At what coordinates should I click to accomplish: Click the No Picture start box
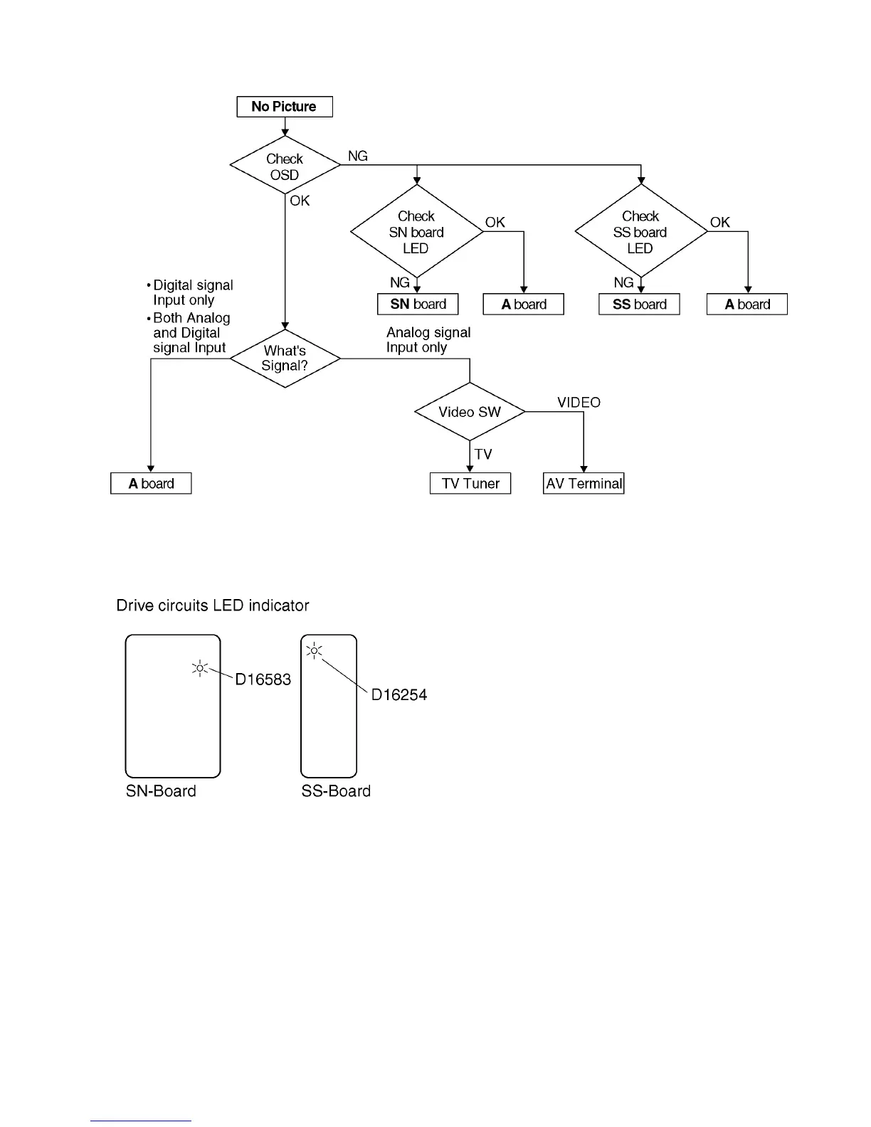point(285,107)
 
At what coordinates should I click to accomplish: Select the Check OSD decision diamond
point(285,166)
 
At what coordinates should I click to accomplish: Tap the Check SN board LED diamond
point(416,232)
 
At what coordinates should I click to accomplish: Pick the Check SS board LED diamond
point(640,232)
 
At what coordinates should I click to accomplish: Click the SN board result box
point(418,305)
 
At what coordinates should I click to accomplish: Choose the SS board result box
point(639,305)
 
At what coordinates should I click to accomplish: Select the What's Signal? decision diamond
point(285,358)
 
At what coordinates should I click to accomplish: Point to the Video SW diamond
point(470,412)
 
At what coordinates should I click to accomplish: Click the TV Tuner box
point(470,484)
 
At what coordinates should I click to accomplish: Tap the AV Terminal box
point(584,484)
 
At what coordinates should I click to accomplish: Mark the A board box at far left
point(151,484)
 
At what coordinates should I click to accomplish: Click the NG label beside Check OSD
point(357,156)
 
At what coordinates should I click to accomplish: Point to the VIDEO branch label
point(579,403)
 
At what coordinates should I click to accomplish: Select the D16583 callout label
point(263,679)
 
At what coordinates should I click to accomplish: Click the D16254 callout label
point(399,695)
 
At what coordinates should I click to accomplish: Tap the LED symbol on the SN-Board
point(200,668)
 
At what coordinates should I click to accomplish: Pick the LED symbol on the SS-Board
point(315,650)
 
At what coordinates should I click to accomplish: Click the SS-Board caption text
point(336,791)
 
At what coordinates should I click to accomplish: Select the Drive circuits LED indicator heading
point(213,605)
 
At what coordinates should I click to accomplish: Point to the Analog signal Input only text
point(428,340)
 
